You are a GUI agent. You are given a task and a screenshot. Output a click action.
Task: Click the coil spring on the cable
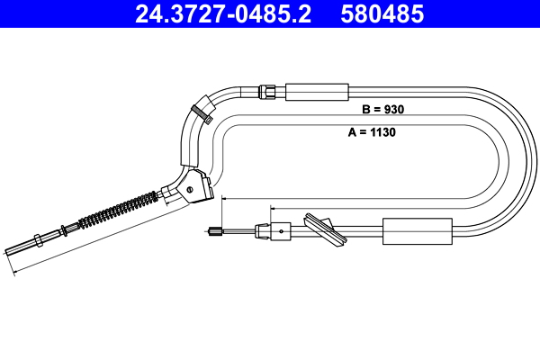coord(118,213)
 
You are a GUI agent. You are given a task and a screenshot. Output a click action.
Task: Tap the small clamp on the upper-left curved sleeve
coord(200,112)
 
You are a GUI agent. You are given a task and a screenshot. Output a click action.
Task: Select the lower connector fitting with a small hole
coord(278,231)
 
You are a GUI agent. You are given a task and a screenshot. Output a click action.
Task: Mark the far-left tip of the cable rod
coord(7,253)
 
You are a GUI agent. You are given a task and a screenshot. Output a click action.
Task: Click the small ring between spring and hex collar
coord(61,229)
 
